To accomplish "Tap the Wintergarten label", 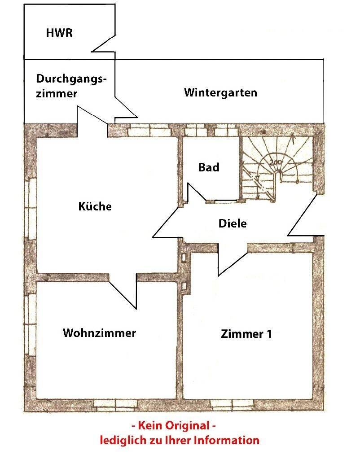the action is (220, 93).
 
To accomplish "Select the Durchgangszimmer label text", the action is (71, 86).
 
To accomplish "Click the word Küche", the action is (95, 207).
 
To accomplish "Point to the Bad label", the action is (209, 167).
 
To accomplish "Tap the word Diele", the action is (233, 223).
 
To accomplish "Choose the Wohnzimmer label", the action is (99, 333).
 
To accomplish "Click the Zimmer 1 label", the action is (246, 334).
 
